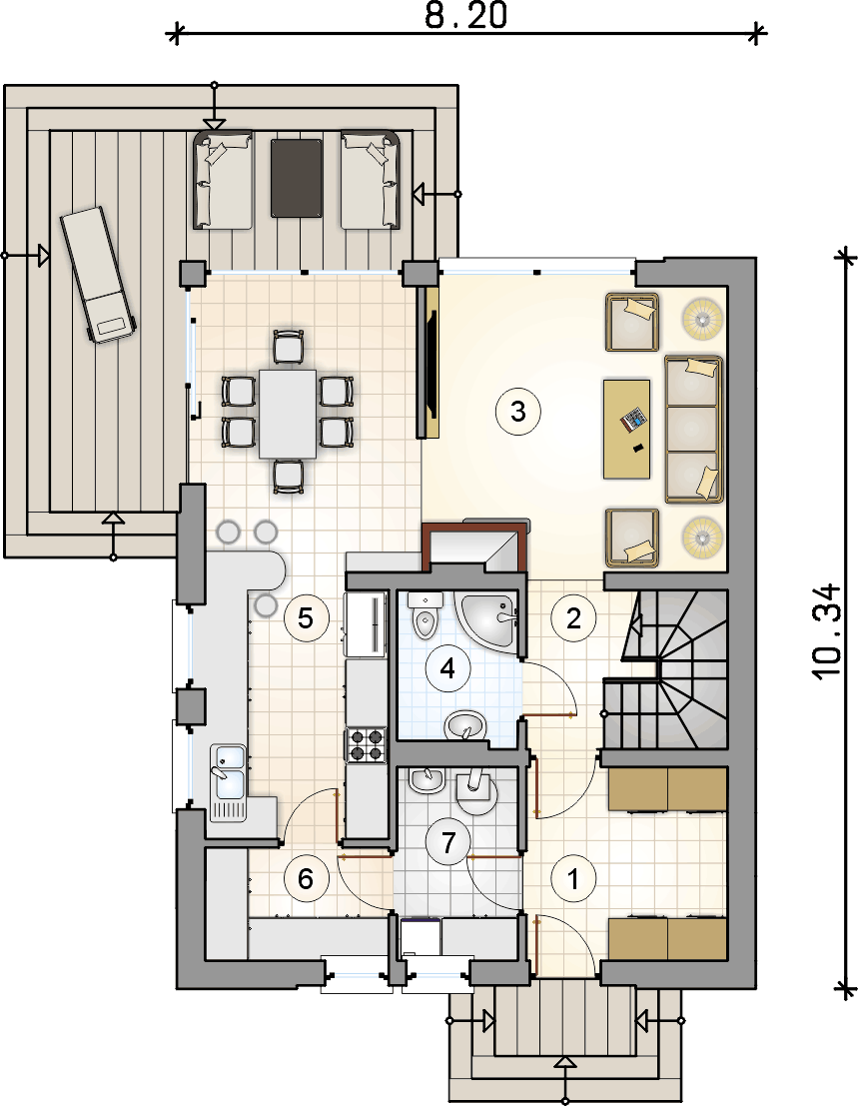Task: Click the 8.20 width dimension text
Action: (466, 16)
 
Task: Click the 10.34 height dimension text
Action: (827, 631)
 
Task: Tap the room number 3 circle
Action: (518, 410)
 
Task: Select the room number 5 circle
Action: (306, 618)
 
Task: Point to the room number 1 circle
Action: (574, 879)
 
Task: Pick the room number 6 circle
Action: (306, 879)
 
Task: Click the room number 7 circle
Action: (448, 841)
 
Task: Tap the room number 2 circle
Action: (574, 618)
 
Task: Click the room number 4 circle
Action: (447, 668)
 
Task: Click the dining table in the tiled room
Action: (288, 414)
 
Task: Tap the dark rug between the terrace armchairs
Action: (296, 178)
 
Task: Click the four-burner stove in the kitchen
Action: (366, 745)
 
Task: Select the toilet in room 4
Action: (426, 615)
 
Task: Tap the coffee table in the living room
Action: (626, 429)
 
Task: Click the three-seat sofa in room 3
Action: (694, 430)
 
